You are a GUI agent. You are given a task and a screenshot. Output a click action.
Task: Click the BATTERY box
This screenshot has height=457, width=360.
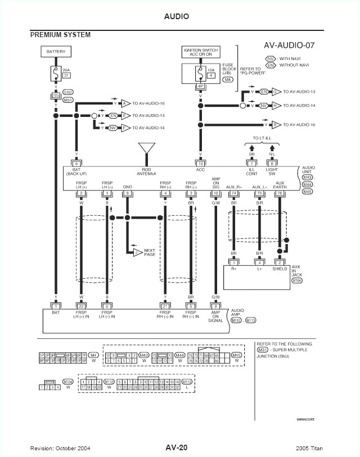pyautogui.click(x=56, y=52)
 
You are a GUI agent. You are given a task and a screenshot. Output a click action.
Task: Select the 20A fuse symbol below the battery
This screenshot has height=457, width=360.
pyautogui.click(x=56, y=74)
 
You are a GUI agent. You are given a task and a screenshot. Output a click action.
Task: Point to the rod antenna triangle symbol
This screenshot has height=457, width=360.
pyautogui.click(x=147, y=148)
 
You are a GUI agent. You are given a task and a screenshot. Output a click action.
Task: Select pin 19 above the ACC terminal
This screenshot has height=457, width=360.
pyautogui.click(x=200, y=162)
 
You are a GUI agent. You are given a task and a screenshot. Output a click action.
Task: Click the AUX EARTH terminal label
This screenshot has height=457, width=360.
pyautogui.click(x=280, y=185)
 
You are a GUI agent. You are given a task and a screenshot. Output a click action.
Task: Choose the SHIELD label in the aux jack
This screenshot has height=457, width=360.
pyautogui.click(x=280, y=269)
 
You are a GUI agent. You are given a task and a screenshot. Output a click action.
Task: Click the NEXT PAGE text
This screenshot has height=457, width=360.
pyautogui.click(x=150, y=252)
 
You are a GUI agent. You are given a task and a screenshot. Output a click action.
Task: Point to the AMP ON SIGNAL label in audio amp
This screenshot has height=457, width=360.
pyautogui.click(x=215, y=316)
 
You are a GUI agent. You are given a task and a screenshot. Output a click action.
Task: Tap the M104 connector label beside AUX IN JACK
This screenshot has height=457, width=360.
pyautogui.click(x=297, y=279)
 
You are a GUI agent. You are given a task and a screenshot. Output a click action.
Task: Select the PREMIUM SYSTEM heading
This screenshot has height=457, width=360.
pyautogui.click(x=60, y=35)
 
